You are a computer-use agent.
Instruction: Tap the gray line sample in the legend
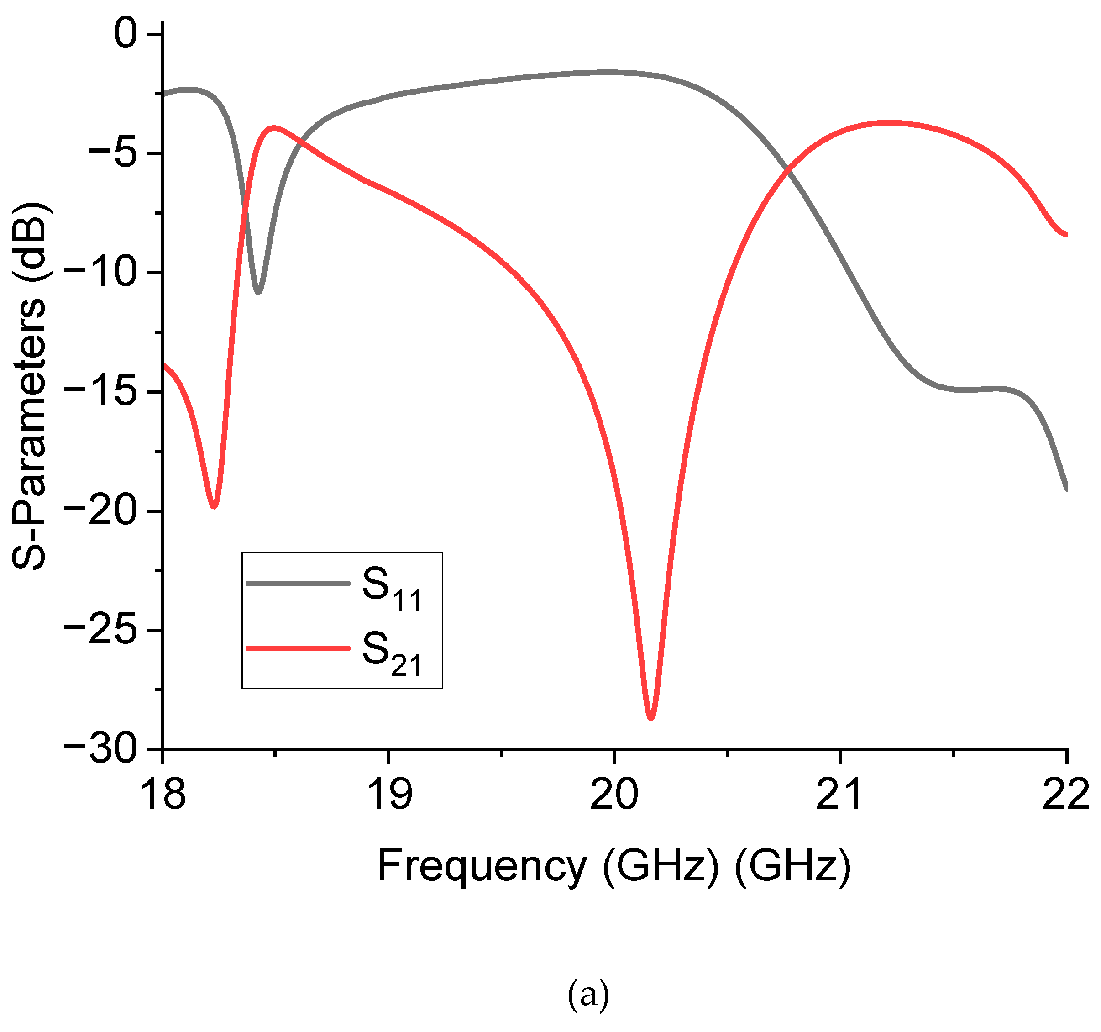pyautogui.click(x=299, y=583)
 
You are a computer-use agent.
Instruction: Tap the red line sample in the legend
pyautogui.click(x=299, y=648)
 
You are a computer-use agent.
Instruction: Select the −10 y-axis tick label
pyautogui.click(x=101, y=273)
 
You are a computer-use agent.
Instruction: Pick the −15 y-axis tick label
pyautogui.click(x=101, y=392)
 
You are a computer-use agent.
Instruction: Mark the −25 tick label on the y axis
pyautogui.click(x=101, y=631)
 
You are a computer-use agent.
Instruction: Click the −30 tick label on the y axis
pyautogui.click(x=101, y=749)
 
